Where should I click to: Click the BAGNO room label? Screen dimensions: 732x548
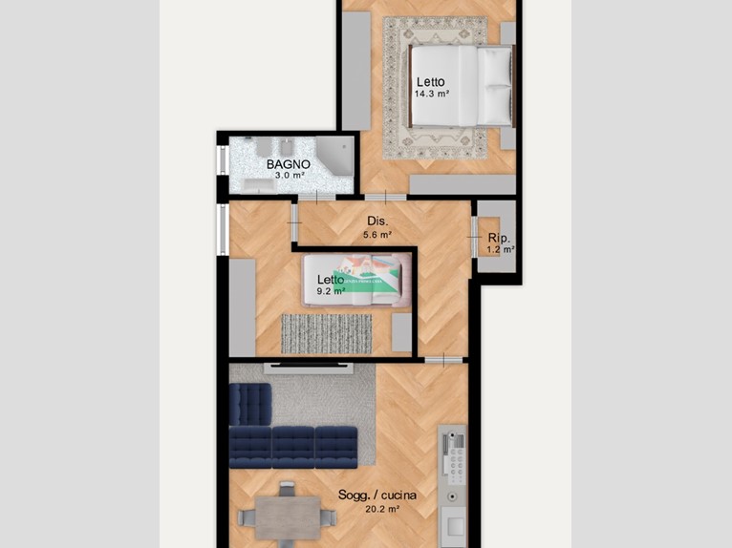[288, 164]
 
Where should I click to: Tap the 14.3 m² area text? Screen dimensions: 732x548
[431, 94]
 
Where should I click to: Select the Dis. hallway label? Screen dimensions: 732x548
[377, 221]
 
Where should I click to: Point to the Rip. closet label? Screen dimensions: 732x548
[499, 238]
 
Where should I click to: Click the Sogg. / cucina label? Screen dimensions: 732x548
[377, 495]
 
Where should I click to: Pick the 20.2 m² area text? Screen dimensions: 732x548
[382, 509]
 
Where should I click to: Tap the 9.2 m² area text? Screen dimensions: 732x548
[331, 291]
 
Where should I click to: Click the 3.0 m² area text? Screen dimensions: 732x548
[290, 176]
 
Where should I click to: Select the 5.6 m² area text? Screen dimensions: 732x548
[377, 235]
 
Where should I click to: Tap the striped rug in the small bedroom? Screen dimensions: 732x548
[326, 334]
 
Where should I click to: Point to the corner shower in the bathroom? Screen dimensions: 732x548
[334, 155]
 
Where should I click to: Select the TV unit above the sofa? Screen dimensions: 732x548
[309, 369]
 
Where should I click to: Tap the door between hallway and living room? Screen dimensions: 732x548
[443, 360]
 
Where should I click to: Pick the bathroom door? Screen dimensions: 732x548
[316, 198]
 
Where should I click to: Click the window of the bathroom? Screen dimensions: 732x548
[223, 160]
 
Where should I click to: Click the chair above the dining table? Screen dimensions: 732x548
[287, 490]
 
